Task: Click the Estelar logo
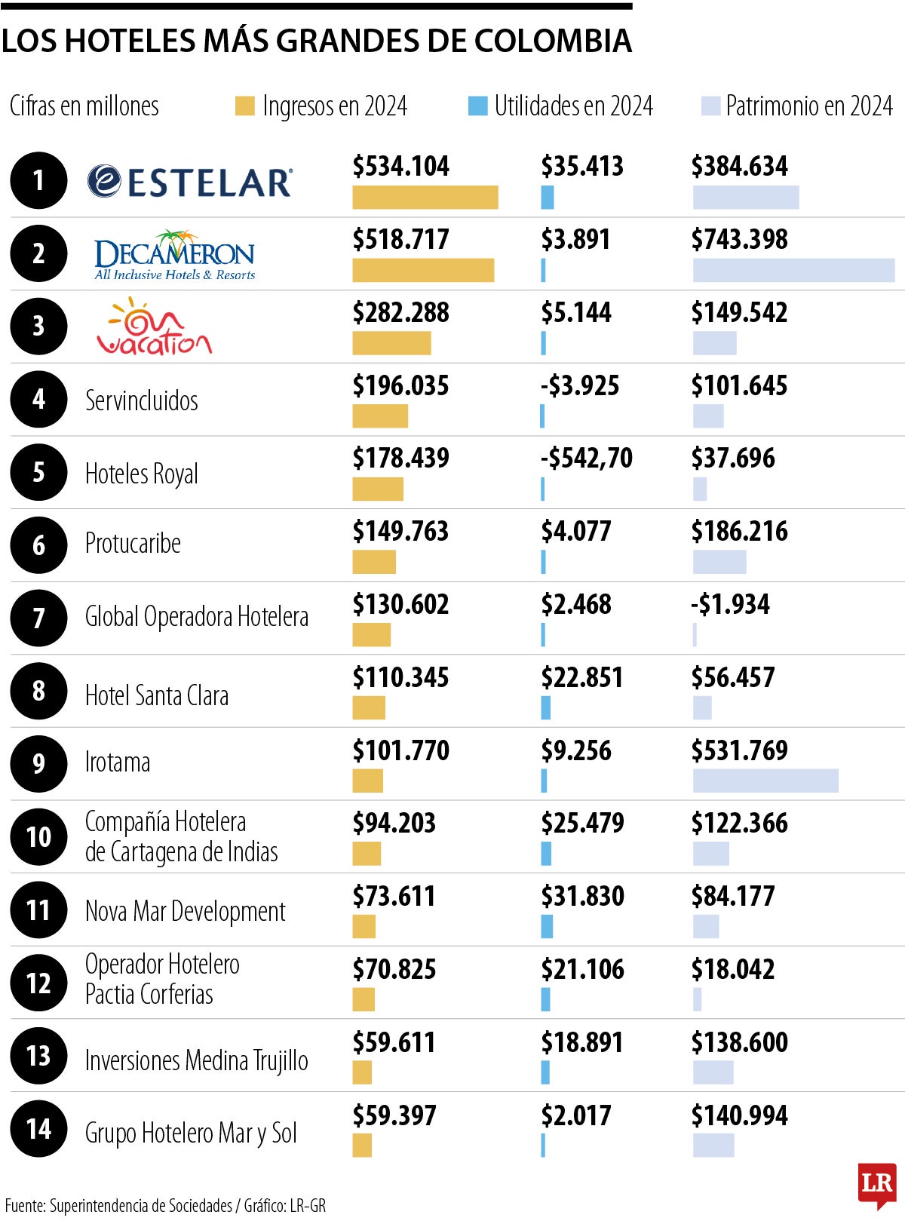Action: pos(190,182)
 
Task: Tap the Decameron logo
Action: pos(175,255)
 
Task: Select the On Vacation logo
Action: pos(155,327)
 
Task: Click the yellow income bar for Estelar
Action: pos(425,198)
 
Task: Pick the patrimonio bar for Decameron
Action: pos(793,270)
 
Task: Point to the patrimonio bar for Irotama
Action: pos(765,781)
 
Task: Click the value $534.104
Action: pos(400,166)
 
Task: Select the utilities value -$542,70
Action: pos(587,458)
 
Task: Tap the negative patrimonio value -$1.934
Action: pos(730,604)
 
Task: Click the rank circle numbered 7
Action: pos(38,618)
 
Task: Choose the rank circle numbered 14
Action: pos(38,1129)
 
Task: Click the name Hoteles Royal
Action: pos(142,474)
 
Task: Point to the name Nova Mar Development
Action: pos(185,911)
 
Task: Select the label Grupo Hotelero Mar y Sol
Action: pos(191,1133)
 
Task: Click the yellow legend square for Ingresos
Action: pos(244,106)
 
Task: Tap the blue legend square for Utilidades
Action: pos(477,106)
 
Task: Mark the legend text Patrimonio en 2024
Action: pos(808,106)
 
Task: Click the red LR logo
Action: pos(877,1183)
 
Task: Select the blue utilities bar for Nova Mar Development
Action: pos(547,926)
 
